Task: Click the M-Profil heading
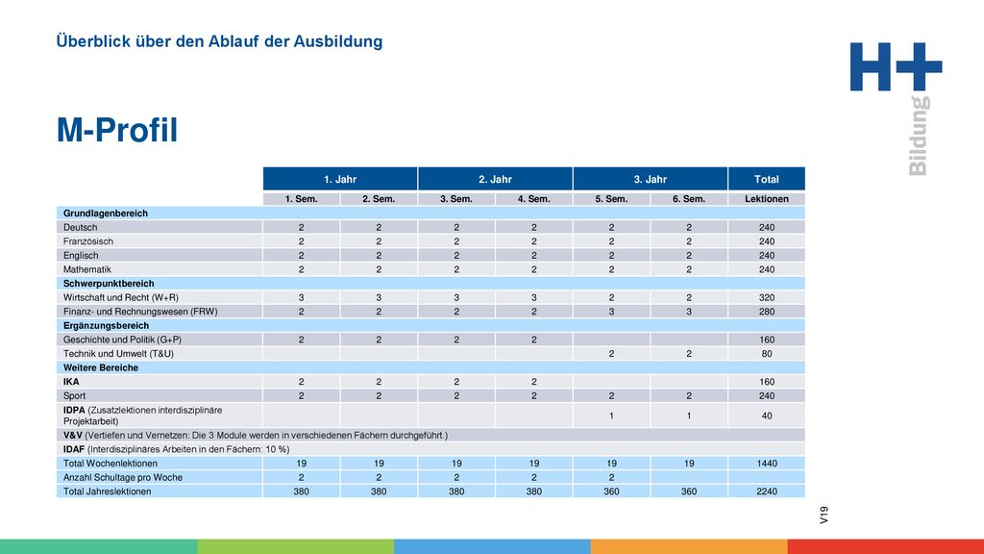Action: click(x=117, y=130)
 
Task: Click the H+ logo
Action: click(x=897, y=66)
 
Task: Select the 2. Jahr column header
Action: click(x=495, y=179)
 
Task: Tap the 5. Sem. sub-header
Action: click(x=611, y=199)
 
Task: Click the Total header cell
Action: click(x=766, y=179)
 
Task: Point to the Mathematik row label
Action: click(x=87, y=269)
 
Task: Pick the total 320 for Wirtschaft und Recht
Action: click(x=766, y=298)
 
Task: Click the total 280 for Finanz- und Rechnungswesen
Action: click(x=766, y=312)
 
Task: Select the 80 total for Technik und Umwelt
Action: click(x=766, y=354)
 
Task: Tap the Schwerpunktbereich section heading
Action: click(x=109, y=284)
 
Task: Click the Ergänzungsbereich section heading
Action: click(x=106, y=325)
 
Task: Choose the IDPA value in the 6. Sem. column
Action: click(x=688, y=415)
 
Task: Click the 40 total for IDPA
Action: click(x=766, y=415)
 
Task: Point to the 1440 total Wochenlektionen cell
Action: click(x=766, y=464)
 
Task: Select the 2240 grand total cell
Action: click(x=766, y=491)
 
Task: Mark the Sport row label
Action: click(x=74, y=395)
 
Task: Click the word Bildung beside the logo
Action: click(x=919, y=136)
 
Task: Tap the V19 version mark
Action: click(x=824, y=516)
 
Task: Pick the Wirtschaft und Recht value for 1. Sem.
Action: click(x=301, y=298)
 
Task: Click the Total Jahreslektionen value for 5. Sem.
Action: click(x=611, y=491)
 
